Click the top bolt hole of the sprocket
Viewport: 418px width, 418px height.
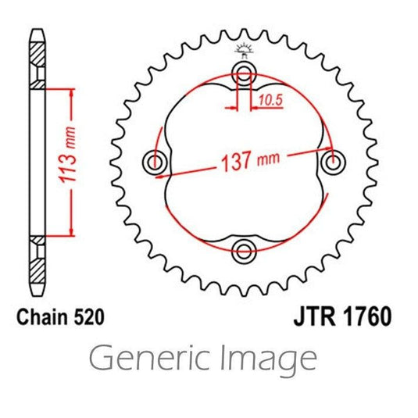click(244, 73)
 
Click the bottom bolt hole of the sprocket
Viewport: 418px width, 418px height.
click(244, 251)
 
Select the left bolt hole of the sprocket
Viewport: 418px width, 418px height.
click(155, 162)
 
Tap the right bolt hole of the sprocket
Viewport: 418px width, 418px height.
click(333, 162)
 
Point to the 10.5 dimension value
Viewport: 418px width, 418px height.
click(270, 100)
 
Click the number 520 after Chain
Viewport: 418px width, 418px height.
click(88, 317)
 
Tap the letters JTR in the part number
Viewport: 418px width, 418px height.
click(314, 317)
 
